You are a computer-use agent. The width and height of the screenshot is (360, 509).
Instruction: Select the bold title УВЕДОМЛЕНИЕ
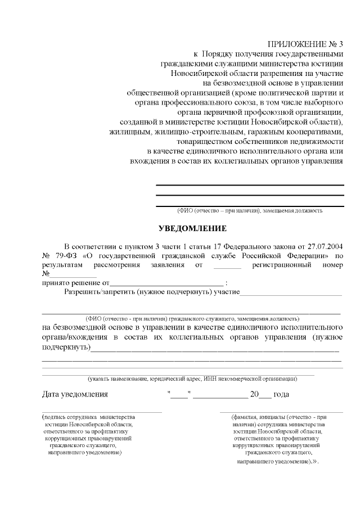pos(192,229)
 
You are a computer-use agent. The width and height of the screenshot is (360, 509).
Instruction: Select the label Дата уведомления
pos(75,394)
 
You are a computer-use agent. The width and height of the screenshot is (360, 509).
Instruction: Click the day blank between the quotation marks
pos(179,394)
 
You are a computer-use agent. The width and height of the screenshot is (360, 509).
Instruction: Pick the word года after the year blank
pos(281,394)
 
